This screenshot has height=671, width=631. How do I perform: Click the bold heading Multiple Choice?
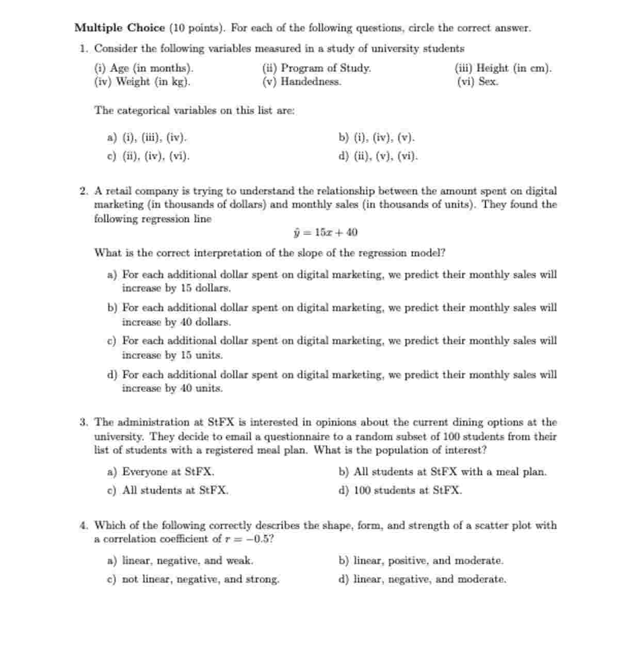[x=119, y=28]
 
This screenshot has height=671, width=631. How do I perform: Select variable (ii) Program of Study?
[x=316, y=68]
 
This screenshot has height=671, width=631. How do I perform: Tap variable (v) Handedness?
[x=302, y=82]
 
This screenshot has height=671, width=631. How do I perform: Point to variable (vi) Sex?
[x=477, y=82]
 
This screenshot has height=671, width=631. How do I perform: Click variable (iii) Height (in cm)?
[x=503, y=68]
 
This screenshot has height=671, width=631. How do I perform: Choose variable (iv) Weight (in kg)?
[x=142, y=82]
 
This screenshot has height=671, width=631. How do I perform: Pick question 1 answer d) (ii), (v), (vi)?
[x=378, y=156]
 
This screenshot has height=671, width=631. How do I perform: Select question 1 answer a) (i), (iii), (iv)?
[x=147, y=138]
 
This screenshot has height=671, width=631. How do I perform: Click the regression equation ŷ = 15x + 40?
[x=325, y=232]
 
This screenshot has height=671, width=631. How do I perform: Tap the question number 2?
[x=84, y=191]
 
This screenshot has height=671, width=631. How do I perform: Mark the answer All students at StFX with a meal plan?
[x=443, y=472]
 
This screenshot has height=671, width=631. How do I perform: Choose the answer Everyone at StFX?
[x=161, y=472]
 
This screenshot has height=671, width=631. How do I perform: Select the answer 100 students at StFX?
[x=400, y=490]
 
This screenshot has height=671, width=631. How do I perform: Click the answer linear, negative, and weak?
[x=181, y=561]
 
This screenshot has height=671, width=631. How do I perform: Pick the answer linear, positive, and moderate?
[x=421, y=561]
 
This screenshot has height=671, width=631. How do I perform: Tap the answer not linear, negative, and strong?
[x=193, y=579]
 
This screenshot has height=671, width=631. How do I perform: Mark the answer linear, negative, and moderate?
[x=423, y=579]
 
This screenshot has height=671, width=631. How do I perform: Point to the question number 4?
[x=84, y=525]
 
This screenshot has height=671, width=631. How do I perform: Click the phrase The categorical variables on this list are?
[x=194, y=110]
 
